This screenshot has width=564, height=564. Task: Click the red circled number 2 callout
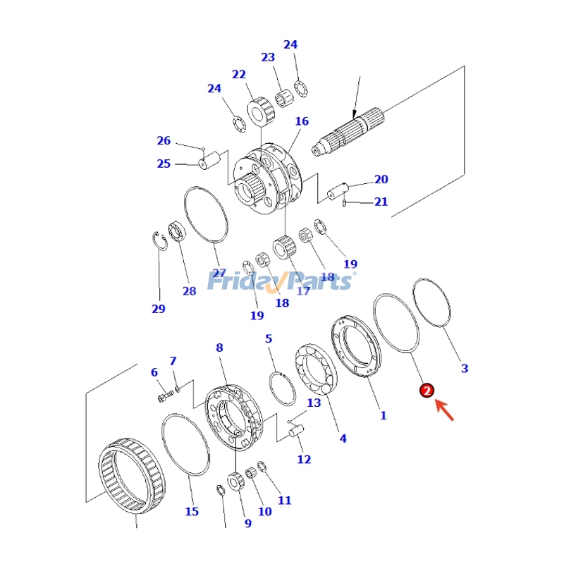(427, 391)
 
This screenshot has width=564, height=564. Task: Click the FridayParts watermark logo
(281, 281)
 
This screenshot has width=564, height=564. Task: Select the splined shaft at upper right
(348, 130)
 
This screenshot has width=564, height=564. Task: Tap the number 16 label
(302, 121)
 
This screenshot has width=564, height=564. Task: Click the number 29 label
(158, 309)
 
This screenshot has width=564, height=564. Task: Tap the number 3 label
(464, 368)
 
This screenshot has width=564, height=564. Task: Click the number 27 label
(219, 274)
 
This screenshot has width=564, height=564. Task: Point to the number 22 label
(239, 74)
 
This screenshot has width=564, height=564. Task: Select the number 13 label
(314, 403)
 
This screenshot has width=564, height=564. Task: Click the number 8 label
(219, 348)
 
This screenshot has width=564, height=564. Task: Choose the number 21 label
(381, 202)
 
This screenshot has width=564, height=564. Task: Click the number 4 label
(343, 439)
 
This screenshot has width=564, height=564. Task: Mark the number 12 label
(304, 460)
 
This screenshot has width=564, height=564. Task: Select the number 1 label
(383, 415)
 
